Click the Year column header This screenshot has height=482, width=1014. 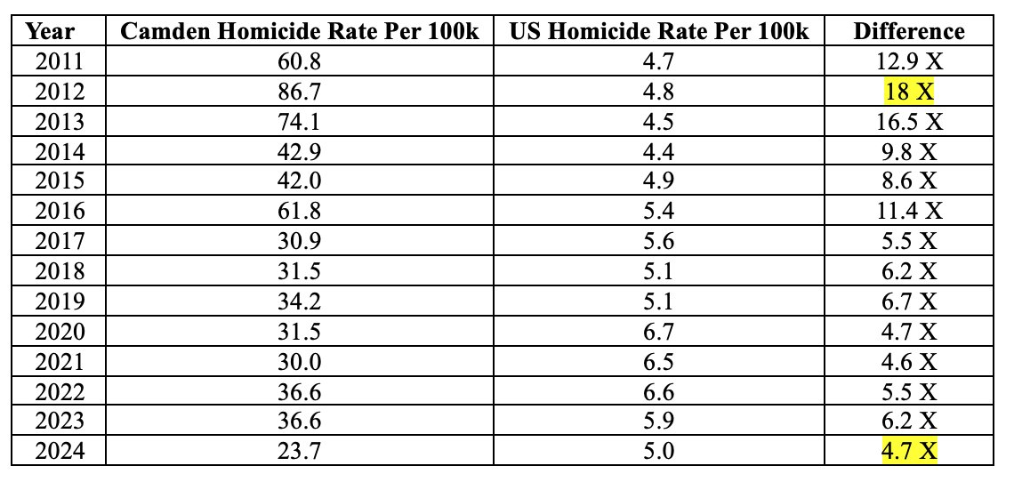tap(50, 31)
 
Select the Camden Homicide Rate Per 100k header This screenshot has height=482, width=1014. tap(299, 31)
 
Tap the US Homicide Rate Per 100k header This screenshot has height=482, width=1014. tap(659, 31)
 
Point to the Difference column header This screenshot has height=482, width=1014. tap(908, 31)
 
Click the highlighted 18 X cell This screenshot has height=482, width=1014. tap(908, 92)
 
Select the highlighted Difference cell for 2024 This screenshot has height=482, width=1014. tap(908, 451)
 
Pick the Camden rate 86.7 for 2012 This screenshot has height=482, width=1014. tap(299, 92)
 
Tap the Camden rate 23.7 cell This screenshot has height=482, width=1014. tap(299, 451)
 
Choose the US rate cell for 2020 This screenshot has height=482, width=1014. tap(659, 331)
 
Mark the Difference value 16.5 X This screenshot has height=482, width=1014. tap(908, 121)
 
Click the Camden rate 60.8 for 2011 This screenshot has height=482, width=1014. tap(299, 61)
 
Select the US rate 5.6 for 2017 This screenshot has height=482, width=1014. tap(659, 241)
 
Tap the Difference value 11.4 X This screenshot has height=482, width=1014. tap(908, 211)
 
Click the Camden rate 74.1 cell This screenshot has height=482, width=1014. tap(299, 121)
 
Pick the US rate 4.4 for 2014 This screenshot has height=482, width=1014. tap(659, 151)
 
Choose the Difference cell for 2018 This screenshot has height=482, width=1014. tap(908, 271)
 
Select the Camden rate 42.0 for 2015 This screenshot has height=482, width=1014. tap(299, 181)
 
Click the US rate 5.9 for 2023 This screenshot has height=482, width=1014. tap(659, 421)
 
